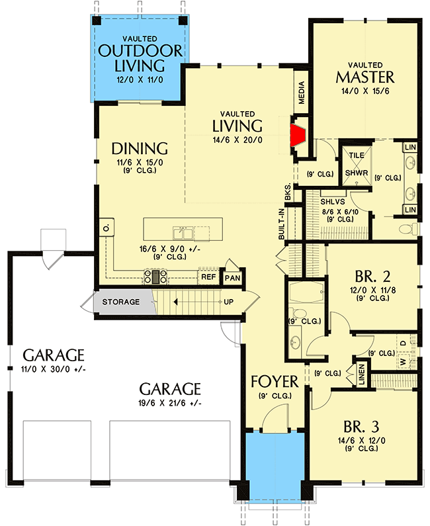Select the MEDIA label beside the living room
tap(302, 92)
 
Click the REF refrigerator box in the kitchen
tap(208, 278)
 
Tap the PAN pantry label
tap(232, 278)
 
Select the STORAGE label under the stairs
tap(120, 302)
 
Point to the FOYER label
tap(274, 382)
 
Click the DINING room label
tap(139, 147)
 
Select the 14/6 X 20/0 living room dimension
tap(237, 140)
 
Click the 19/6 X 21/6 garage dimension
tap(169, 403)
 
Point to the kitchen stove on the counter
tap(156, 277)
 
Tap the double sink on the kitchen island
tap(183, 232)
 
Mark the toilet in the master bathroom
tap(409, 229)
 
